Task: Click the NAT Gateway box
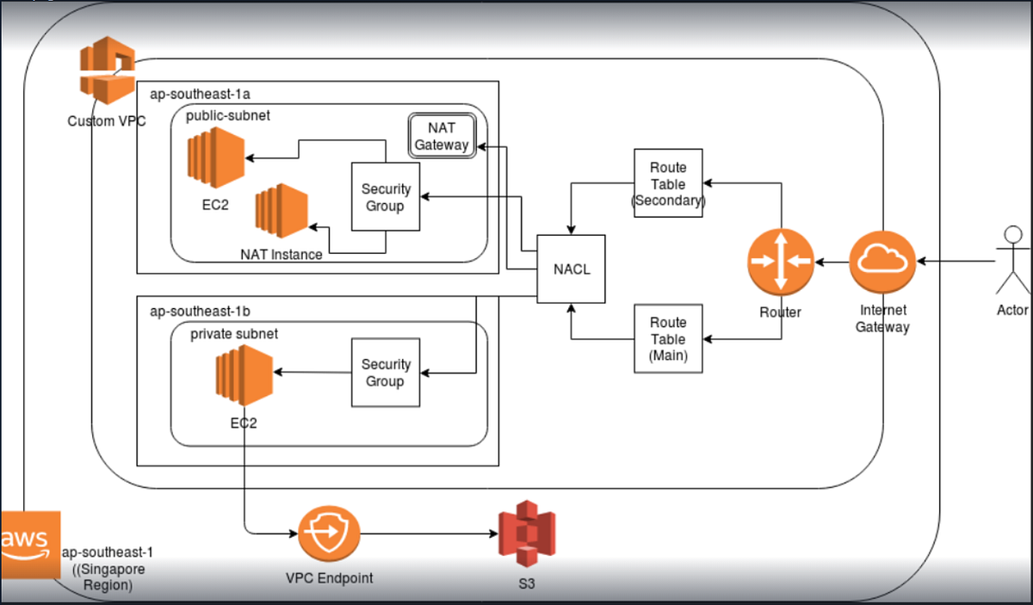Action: coord(442,137)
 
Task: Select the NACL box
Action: coord(571,269)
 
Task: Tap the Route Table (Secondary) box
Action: coord(668,183)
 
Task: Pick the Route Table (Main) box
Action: coord(668,338)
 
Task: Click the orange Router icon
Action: coord(780,261)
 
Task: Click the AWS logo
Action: coord(30,545)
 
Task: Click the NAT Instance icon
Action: coord(281,213)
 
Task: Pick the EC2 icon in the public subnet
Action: coord(215,157)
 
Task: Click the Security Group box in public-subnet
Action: coord(386,197)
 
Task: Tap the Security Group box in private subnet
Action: coord(386,373)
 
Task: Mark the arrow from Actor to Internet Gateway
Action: coord(956,261)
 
